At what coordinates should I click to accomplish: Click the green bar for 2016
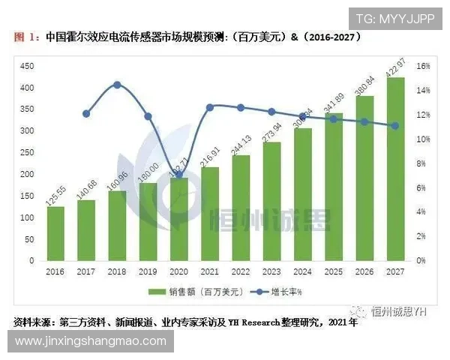56,233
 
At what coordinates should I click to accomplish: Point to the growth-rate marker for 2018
117,85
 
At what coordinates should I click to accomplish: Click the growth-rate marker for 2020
178,175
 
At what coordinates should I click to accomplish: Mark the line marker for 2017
86,114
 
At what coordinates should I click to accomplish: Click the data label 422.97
395,64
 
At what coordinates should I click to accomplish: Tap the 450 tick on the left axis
28,66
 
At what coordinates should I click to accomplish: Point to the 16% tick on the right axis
423,66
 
